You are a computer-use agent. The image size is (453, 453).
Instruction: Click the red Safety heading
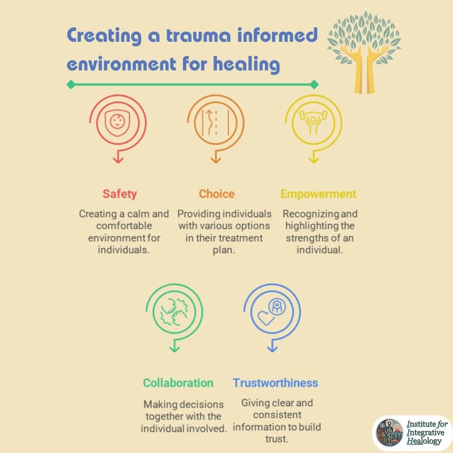119,194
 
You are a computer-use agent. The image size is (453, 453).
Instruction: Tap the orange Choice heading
216,194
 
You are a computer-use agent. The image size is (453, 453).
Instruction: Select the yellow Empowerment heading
319,194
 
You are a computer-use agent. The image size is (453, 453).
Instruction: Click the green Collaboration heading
178,383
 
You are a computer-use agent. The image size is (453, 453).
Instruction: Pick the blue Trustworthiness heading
275,383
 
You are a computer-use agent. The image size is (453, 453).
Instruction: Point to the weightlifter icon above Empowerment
312,122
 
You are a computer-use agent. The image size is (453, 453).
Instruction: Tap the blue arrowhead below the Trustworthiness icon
272,348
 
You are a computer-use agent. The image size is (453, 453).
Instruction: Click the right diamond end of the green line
314,85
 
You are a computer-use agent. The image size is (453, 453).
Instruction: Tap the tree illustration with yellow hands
364,51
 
